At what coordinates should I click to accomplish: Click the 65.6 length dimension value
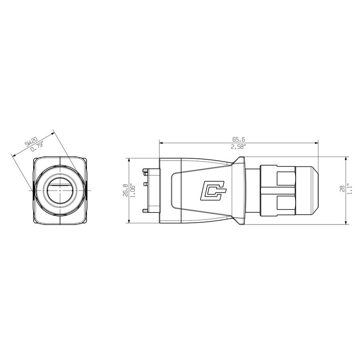click(238, 139)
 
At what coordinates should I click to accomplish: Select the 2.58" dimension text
click(238, 147)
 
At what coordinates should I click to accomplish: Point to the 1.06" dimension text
click(132, 190)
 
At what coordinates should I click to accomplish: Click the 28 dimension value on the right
click(342, 189)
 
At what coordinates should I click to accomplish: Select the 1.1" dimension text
click(350, 189)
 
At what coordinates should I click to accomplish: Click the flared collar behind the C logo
click(240, 190)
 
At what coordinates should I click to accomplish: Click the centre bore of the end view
click(59, 190)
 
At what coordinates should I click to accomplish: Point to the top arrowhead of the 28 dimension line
click(346, 159)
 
